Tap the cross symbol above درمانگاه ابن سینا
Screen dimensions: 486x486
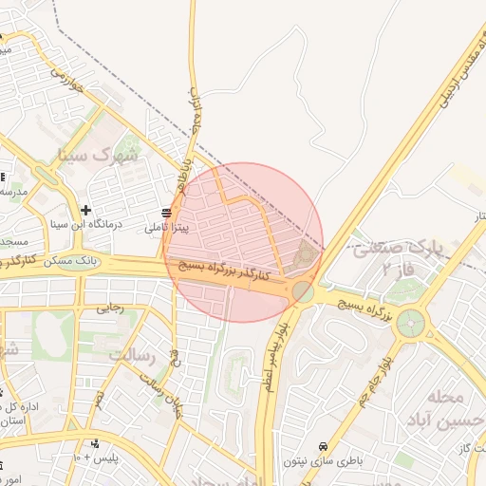[x=86, y=210]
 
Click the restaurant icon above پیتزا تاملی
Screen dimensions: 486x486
[x=167, y=212]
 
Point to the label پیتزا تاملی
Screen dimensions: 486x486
[x=168, y=228]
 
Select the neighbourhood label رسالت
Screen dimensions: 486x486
[x=133, y=355]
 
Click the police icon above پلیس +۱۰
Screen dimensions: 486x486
[x=94, y=443]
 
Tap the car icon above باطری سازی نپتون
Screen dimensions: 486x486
[x=324, y=445]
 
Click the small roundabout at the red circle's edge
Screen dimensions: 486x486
[x=303, y=291]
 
